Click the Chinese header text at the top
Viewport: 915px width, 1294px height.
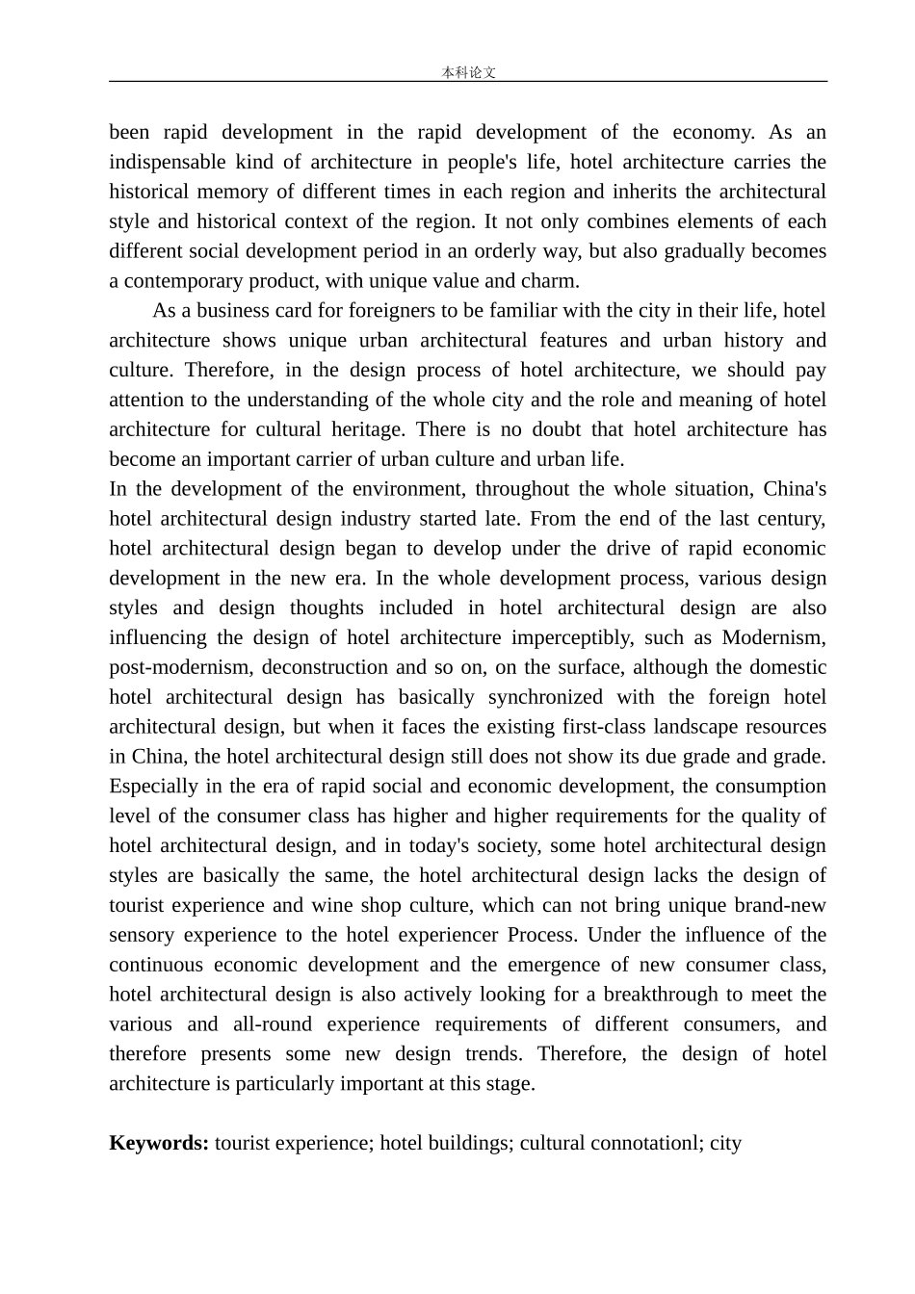pos(468,72)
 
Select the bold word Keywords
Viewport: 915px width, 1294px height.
pos(158,1143)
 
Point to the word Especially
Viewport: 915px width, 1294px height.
pos(153,787)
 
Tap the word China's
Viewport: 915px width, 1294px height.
pos(795,488)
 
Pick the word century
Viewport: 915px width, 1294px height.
pos(790,518)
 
